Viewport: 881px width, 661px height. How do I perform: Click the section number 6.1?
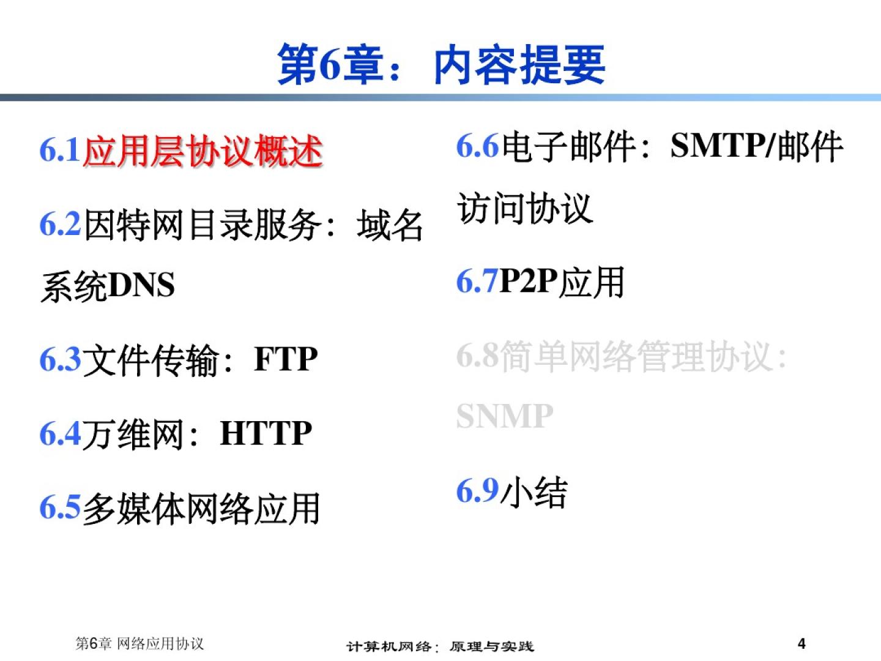point(60,150)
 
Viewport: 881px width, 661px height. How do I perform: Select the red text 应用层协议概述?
point(203,151)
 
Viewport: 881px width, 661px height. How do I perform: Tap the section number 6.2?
point(60,225)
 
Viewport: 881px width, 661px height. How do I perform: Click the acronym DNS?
point(142,285)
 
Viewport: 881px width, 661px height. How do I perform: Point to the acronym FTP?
point(286,359)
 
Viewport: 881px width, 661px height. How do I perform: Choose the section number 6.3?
point(60,359)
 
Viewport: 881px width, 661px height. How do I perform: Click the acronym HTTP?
point(266,433)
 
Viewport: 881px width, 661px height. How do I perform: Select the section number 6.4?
point(60,433)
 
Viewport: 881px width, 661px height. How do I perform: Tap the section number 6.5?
point(60,508)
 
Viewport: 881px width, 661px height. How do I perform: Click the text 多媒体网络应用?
point(201,509)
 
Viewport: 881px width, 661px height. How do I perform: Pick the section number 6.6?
point(478,146)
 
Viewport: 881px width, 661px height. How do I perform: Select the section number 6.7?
point(477,282)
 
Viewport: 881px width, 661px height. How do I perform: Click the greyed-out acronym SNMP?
point(505,416)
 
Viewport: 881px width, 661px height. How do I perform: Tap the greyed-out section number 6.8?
point(478,356)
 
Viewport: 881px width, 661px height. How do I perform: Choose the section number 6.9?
point(478,490)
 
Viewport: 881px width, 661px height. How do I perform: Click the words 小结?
point(534,491)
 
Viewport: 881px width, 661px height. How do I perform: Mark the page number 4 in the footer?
point(801,643)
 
